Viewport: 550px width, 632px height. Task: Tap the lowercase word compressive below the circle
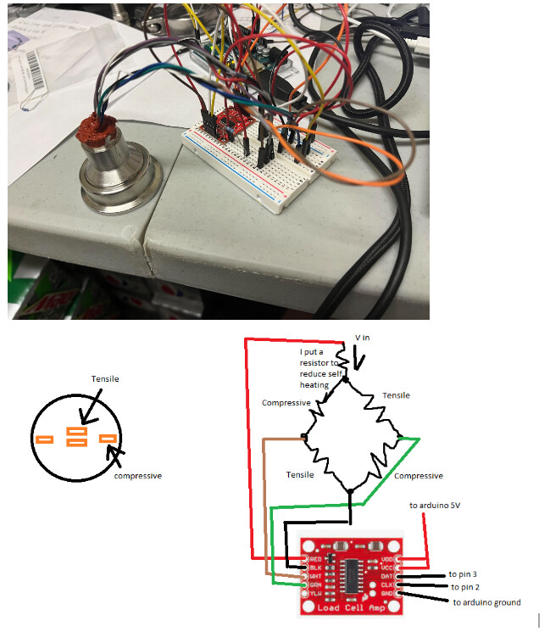(x=137, y=476)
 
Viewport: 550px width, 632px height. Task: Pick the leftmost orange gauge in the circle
(x=45, y=439)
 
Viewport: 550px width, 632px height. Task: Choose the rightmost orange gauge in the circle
(x=107, y=439)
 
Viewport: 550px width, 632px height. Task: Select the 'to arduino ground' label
(x=486, y=602)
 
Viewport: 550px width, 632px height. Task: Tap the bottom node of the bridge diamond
(x=350, y=490)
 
